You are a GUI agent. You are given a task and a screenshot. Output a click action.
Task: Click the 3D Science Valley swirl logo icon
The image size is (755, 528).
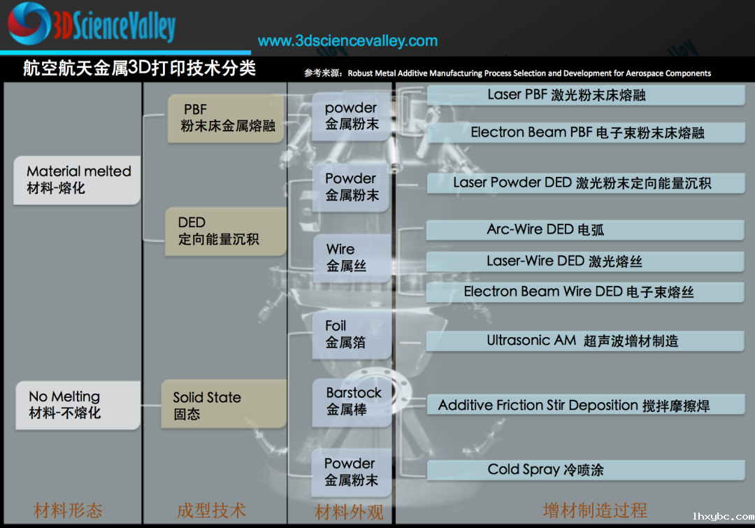[29, 23]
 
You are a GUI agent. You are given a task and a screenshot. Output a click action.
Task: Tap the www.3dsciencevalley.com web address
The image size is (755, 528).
[347, 41]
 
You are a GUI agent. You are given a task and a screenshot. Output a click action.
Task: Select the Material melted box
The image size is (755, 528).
[77, 180]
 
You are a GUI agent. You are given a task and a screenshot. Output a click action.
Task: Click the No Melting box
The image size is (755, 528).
[78, 405]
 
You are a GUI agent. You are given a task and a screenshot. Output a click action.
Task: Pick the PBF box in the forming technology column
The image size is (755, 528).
[226, 118]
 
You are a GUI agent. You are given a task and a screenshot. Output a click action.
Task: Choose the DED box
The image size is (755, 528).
[226, 231]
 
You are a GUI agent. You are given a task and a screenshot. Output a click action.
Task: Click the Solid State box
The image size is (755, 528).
[224, 404]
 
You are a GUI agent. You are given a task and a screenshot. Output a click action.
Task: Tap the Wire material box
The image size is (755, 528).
[352, 258]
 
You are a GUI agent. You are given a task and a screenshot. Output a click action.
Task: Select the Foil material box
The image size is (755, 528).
[352, 335]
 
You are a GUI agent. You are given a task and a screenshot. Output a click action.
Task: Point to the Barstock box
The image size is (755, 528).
[352, 403]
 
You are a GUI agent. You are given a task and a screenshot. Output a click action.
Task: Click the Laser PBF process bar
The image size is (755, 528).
[586, 95]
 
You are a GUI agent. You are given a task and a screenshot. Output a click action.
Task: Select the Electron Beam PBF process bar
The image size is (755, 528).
[586, 132]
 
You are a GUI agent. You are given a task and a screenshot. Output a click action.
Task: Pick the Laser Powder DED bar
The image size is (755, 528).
[586, 183]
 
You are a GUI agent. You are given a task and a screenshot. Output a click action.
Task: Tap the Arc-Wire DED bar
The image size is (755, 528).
[585, 230]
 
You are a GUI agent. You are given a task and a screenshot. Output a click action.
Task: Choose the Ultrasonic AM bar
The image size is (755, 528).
[585, 341]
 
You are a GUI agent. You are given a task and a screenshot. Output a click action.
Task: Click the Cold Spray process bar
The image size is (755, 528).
[586, 470]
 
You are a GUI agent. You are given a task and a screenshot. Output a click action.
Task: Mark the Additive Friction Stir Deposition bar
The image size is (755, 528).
[586, 405]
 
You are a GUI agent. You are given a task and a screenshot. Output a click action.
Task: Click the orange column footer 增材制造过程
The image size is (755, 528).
[595, 511]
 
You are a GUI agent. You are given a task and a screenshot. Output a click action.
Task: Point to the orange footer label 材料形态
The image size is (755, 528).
[68, 511]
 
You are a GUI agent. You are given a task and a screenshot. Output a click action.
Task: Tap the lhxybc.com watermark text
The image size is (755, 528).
[724, 516]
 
